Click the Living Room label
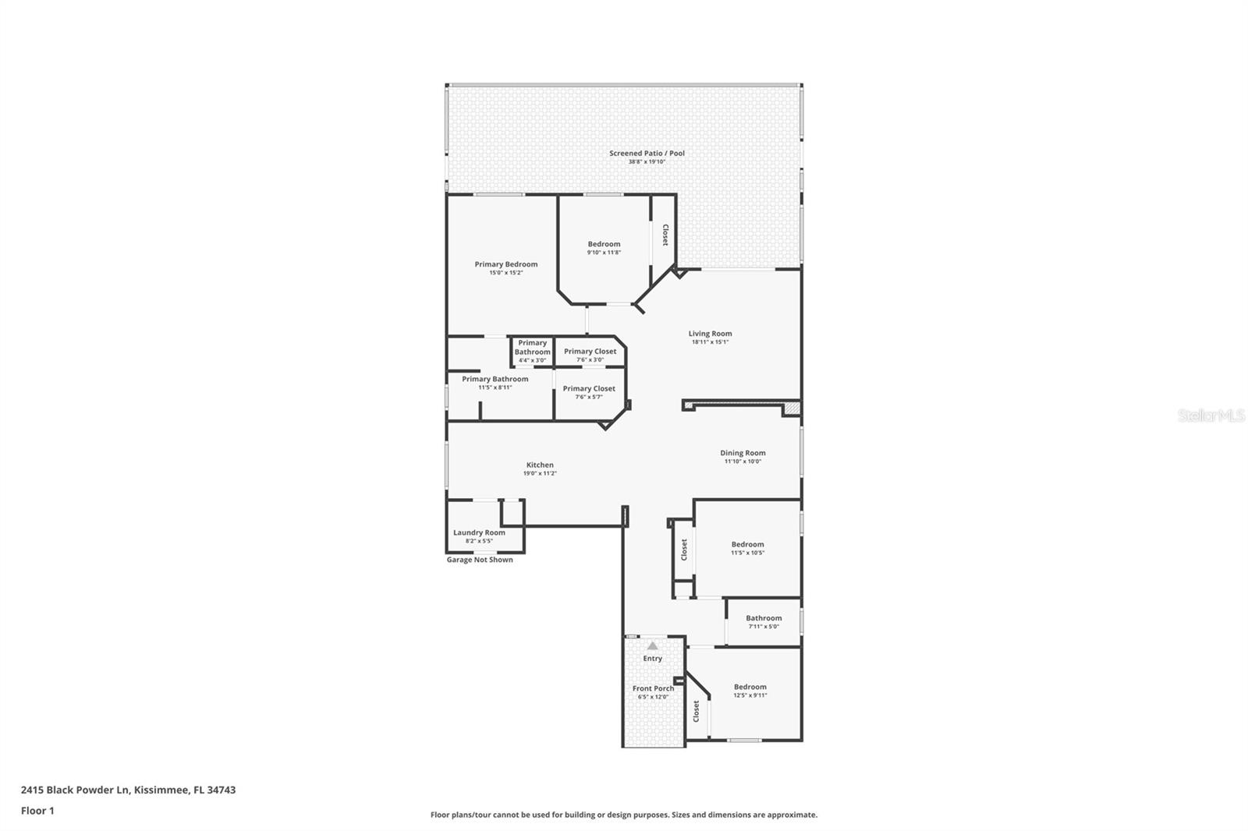point(710,334)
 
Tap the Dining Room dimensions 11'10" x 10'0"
point(743,461)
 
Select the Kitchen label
point(540,465)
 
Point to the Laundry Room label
point(479,532)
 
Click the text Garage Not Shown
point(480,560)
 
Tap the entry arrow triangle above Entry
point(652,645)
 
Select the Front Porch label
point(653,688)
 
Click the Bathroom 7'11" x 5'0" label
point(764,618)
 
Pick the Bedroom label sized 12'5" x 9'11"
point(750,688)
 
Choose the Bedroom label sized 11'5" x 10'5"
point(747,545)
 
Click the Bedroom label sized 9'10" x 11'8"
point(604,244)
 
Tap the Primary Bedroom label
point(505,264)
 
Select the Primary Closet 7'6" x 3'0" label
point(590,352)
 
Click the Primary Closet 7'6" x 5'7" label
point(589,389)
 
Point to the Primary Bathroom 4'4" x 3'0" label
point(532,348)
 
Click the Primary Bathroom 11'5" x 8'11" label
point(495,380)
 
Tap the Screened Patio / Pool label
point(647,154)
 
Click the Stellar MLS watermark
point(1211,415)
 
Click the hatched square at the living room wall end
point(791,408)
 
